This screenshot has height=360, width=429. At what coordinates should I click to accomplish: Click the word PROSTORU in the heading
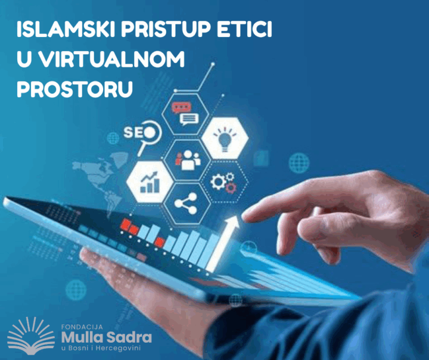tap(74, 89)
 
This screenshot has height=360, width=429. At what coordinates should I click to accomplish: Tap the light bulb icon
tap(225, 138)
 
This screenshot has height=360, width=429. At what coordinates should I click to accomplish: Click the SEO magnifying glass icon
tap(143, 136)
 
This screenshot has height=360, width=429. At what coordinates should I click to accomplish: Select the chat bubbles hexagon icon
tap(185, 113)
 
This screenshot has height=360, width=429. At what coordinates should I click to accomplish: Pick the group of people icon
tap(188, 160)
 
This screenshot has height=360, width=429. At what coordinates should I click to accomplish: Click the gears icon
tap(223, 182)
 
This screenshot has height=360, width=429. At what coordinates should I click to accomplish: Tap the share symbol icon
tap(186, 203)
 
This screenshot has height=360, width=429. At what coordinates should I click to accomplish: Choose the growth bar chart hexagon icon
tap(150, 182)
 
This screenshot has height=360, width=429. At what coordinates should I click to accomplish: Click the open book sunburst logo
tap(31, 335)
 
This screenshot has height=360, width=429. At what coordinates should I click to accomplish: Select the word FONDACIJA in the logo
tap(82, 327)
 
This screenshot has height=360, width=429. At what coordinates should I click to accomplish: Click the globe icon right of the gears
tap(299, 163)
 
